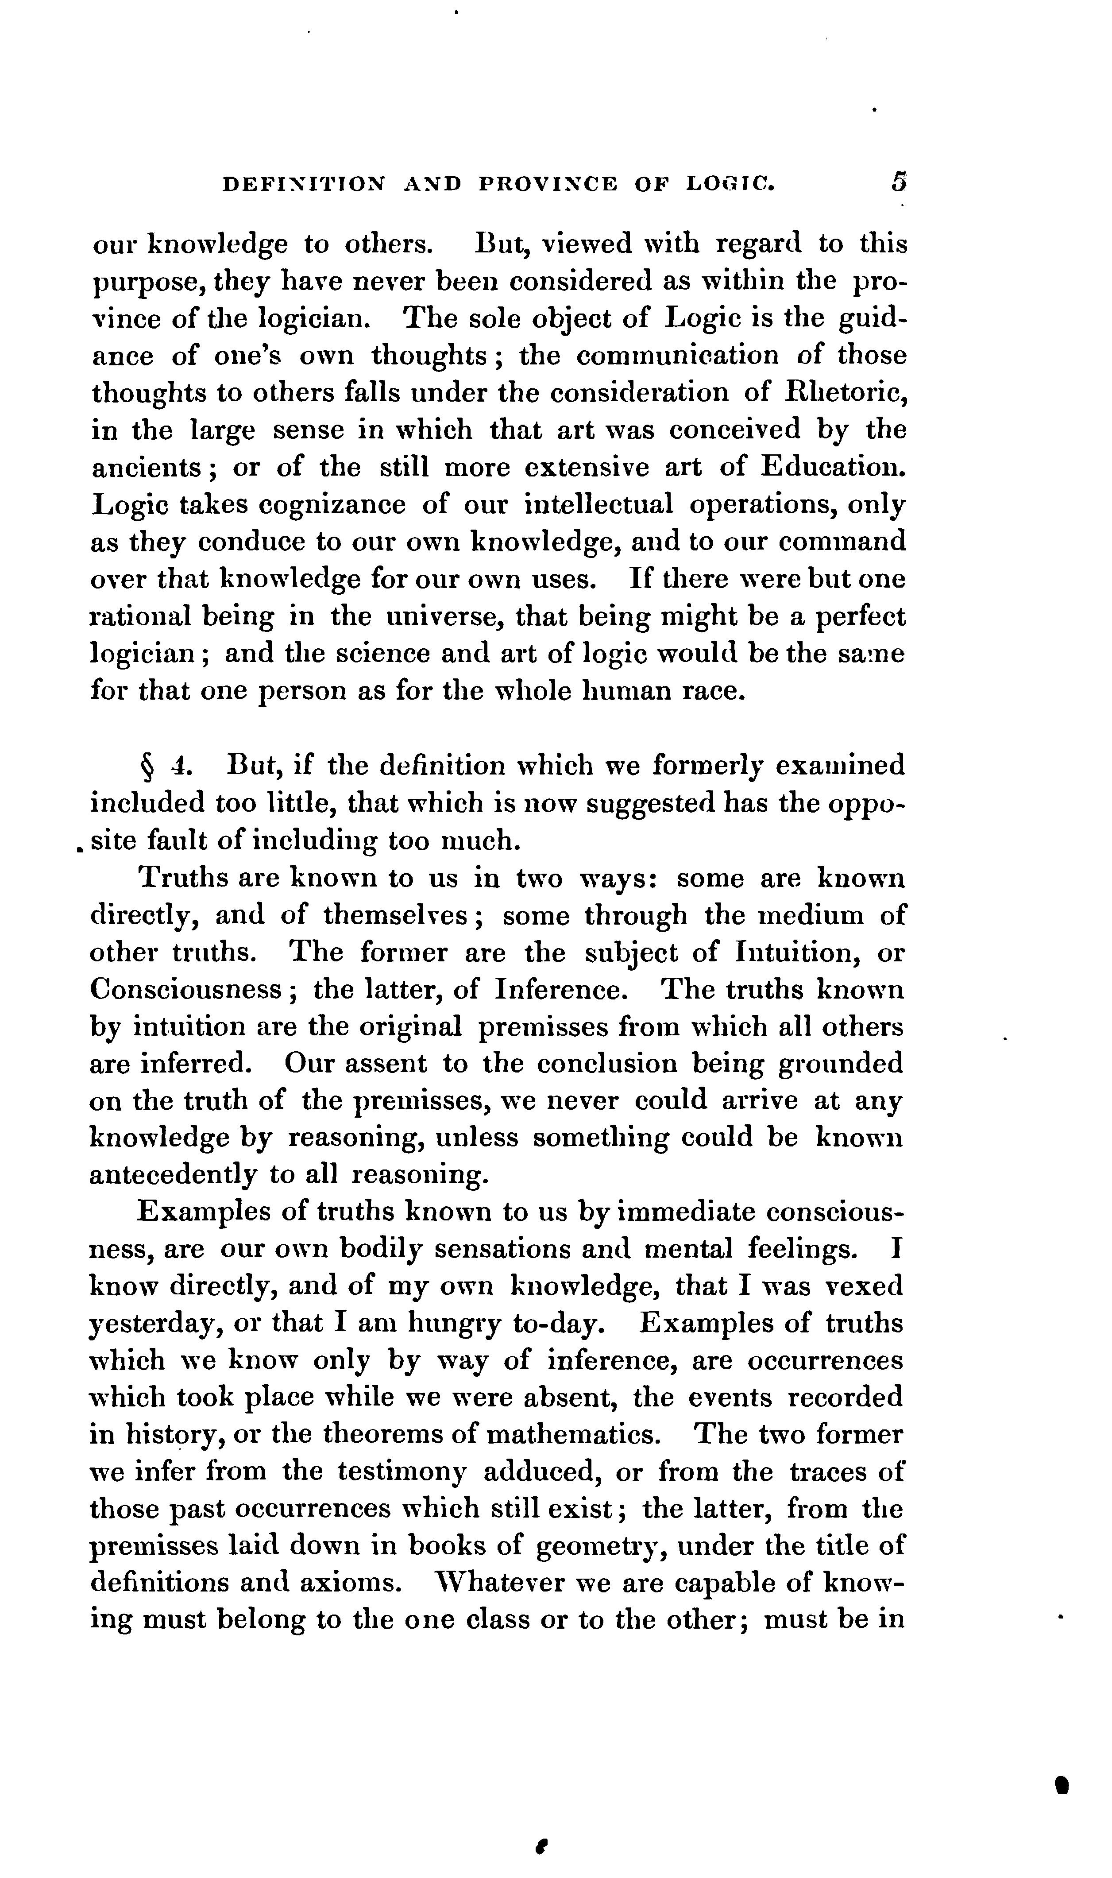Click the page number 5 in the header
899,182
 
